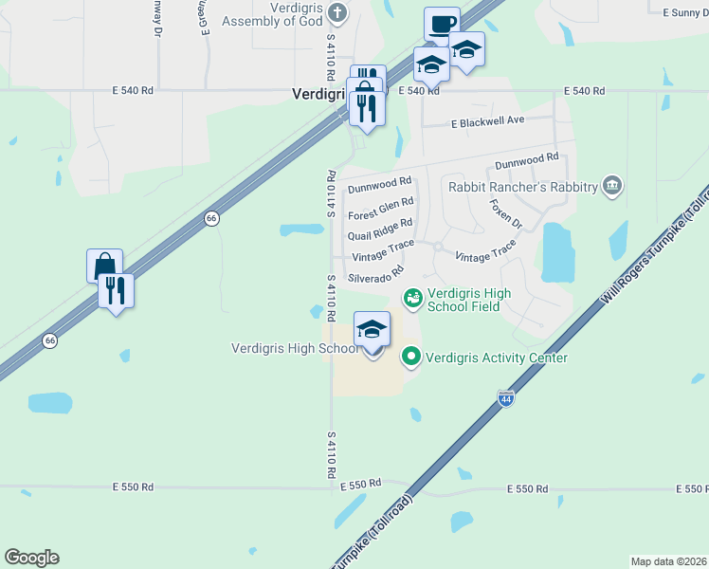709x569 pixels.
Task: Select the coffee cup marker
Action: (442, 24)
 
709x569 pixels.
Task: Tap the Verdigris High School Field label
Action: (469, 300)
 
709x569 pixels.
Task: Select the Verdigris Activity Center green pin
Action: (410, 358)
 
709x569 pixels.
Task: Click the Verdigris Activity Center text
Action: (497, 358)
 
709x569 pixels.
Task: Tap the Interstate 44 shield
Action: (505, 399)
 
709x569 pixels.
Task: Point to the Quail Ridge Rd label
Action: (380, 229)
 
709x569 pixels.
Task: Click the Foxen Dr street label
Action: (505, 213)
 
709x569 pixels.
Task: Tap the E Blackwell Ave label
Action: (487, 122)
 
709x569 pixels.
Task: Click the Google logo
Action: (31, 558)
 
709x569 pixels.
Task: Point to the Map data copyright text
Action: (668, 561)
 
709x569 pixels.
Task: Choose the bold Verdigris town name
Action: (318, 94)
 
